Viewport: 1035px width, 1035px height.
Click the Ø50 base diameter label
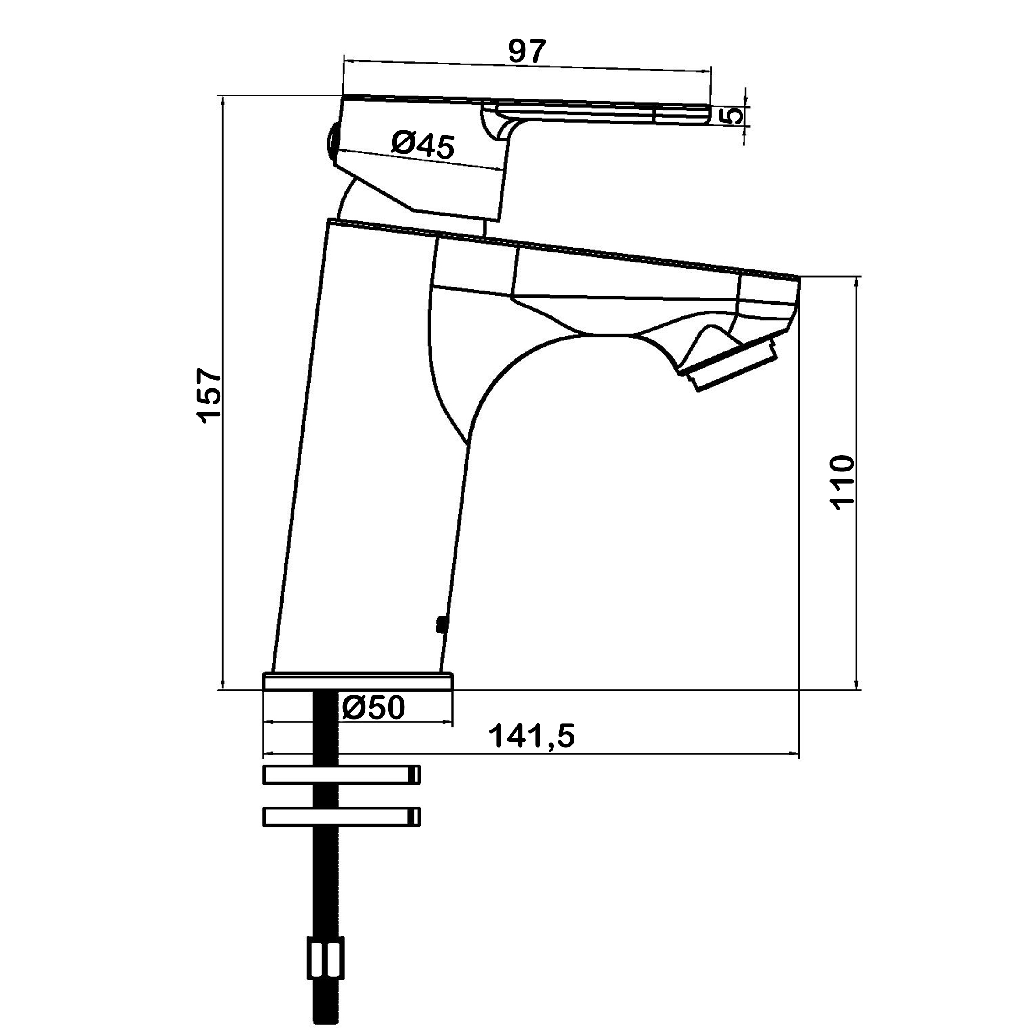coord(373,709)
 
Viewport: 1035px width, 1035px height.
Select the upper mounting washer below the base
coord(342,775)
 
